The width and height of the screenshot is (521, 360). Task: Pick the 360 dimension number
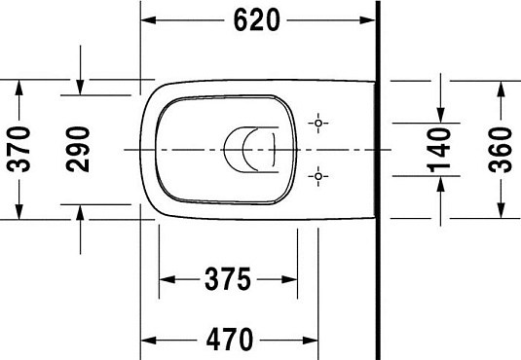(502, 149)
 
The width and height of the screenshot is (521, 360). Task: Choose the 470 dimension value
(231, 340)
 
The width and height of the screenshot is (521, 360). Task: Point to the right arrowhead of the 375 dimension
(290, 279)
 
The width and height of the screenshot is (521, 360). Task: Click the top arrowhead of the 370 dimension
(18, 88)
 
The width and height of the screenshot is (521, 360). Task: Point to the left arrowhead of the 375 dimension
(166, 279)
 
